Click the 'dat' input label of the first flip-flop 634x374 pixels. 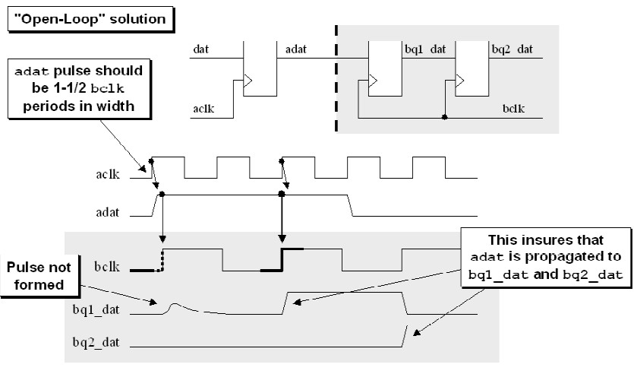pyautogui.click(x=201, y=50)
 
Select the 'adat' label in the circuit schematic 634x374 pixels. pyautogui.click(x=295, y=50)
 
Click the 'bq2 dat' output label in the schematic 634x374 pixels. pyautogui.click(x=512, y=50)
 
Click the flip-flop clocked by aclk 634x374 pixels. pyautogui.click(x=260, y=68)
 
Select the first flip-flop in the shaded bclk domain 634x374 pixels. pyautogui.click(x=383, y=68)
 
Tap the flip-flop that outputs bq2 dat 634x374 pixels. pyautogui.click(x=471, y=68)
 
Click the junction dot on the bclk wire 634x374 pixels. pyautogui.click(x=444, y=118)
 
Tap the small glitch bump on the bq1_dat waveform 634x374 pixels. pyautogui.click(x=174, y=306)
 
